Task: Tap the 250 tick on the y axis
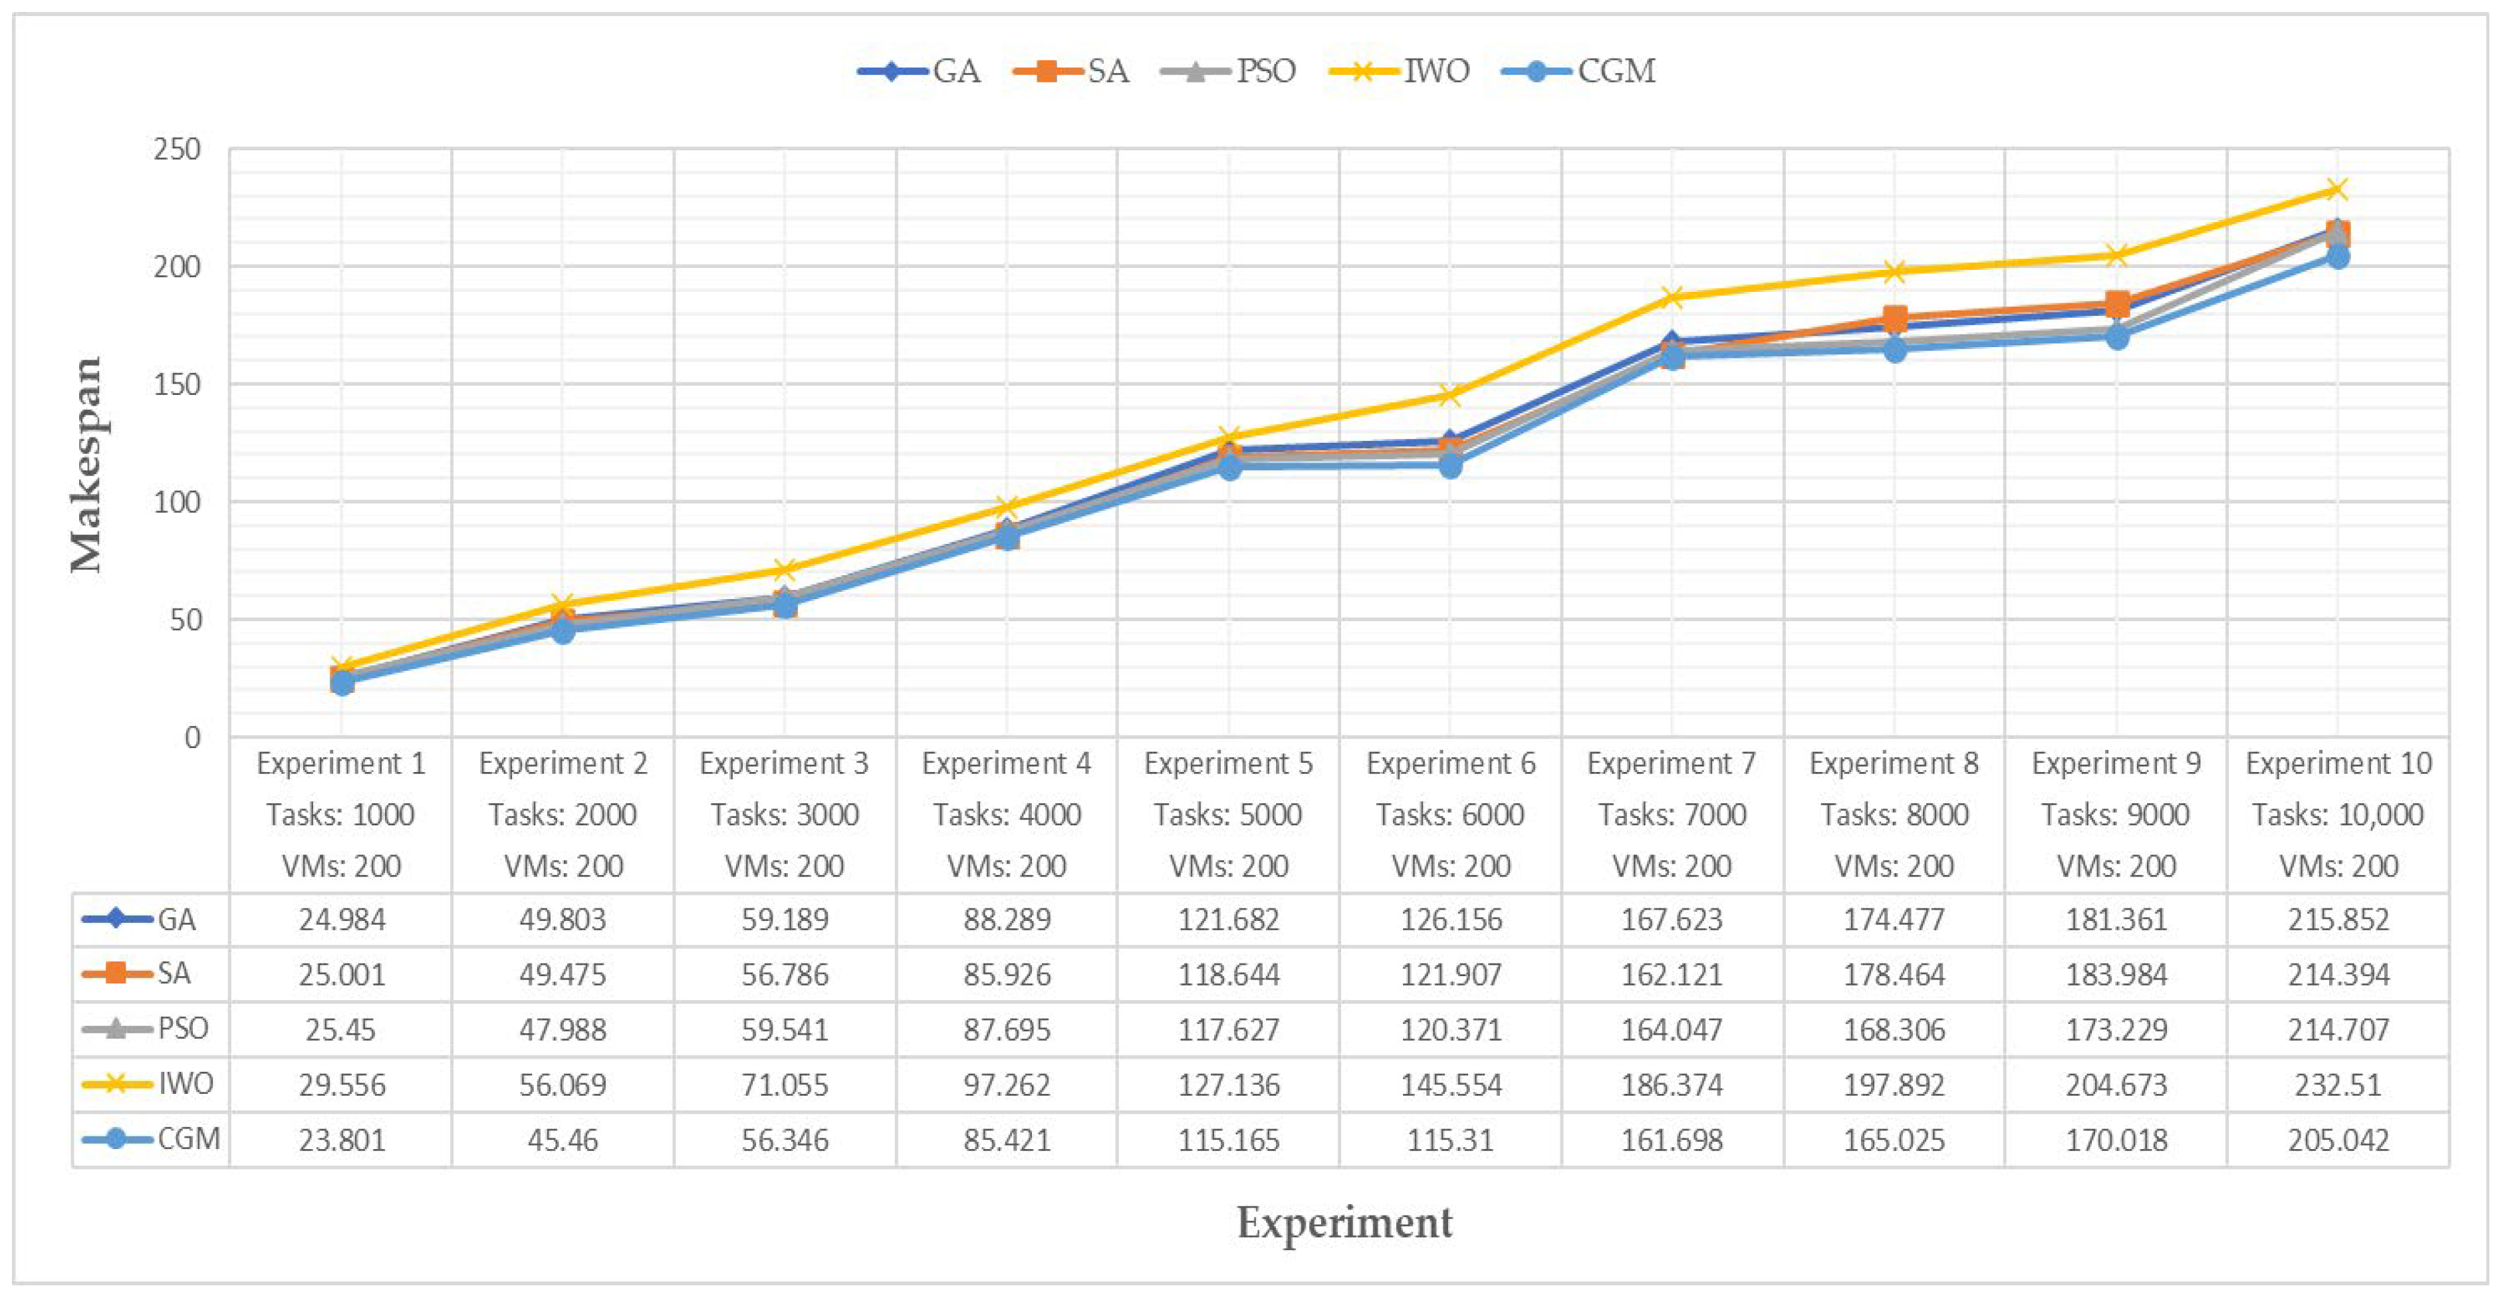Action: coord(177,149)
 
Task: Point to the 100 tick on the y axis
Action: coord(177,501)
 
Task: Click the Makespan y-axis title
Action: coord(86,464)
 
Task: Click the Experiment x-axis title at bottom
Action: coord(1344,1222)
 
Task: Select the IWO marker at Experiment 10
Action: coord(2337,190)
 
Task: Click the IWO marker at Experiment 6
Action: coord(1450,394)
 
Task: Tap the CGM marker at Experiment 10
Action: coord(2337,257)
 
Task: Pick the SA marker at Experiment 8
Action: coord(1894,318)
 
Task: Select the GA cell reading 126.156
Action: coord(1450,919)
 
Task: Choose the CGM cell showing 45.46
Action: coord(563,1140)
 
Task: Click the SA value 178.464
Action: coord(1894,974)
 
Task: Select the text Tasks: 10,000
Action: coord(2337,814)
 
